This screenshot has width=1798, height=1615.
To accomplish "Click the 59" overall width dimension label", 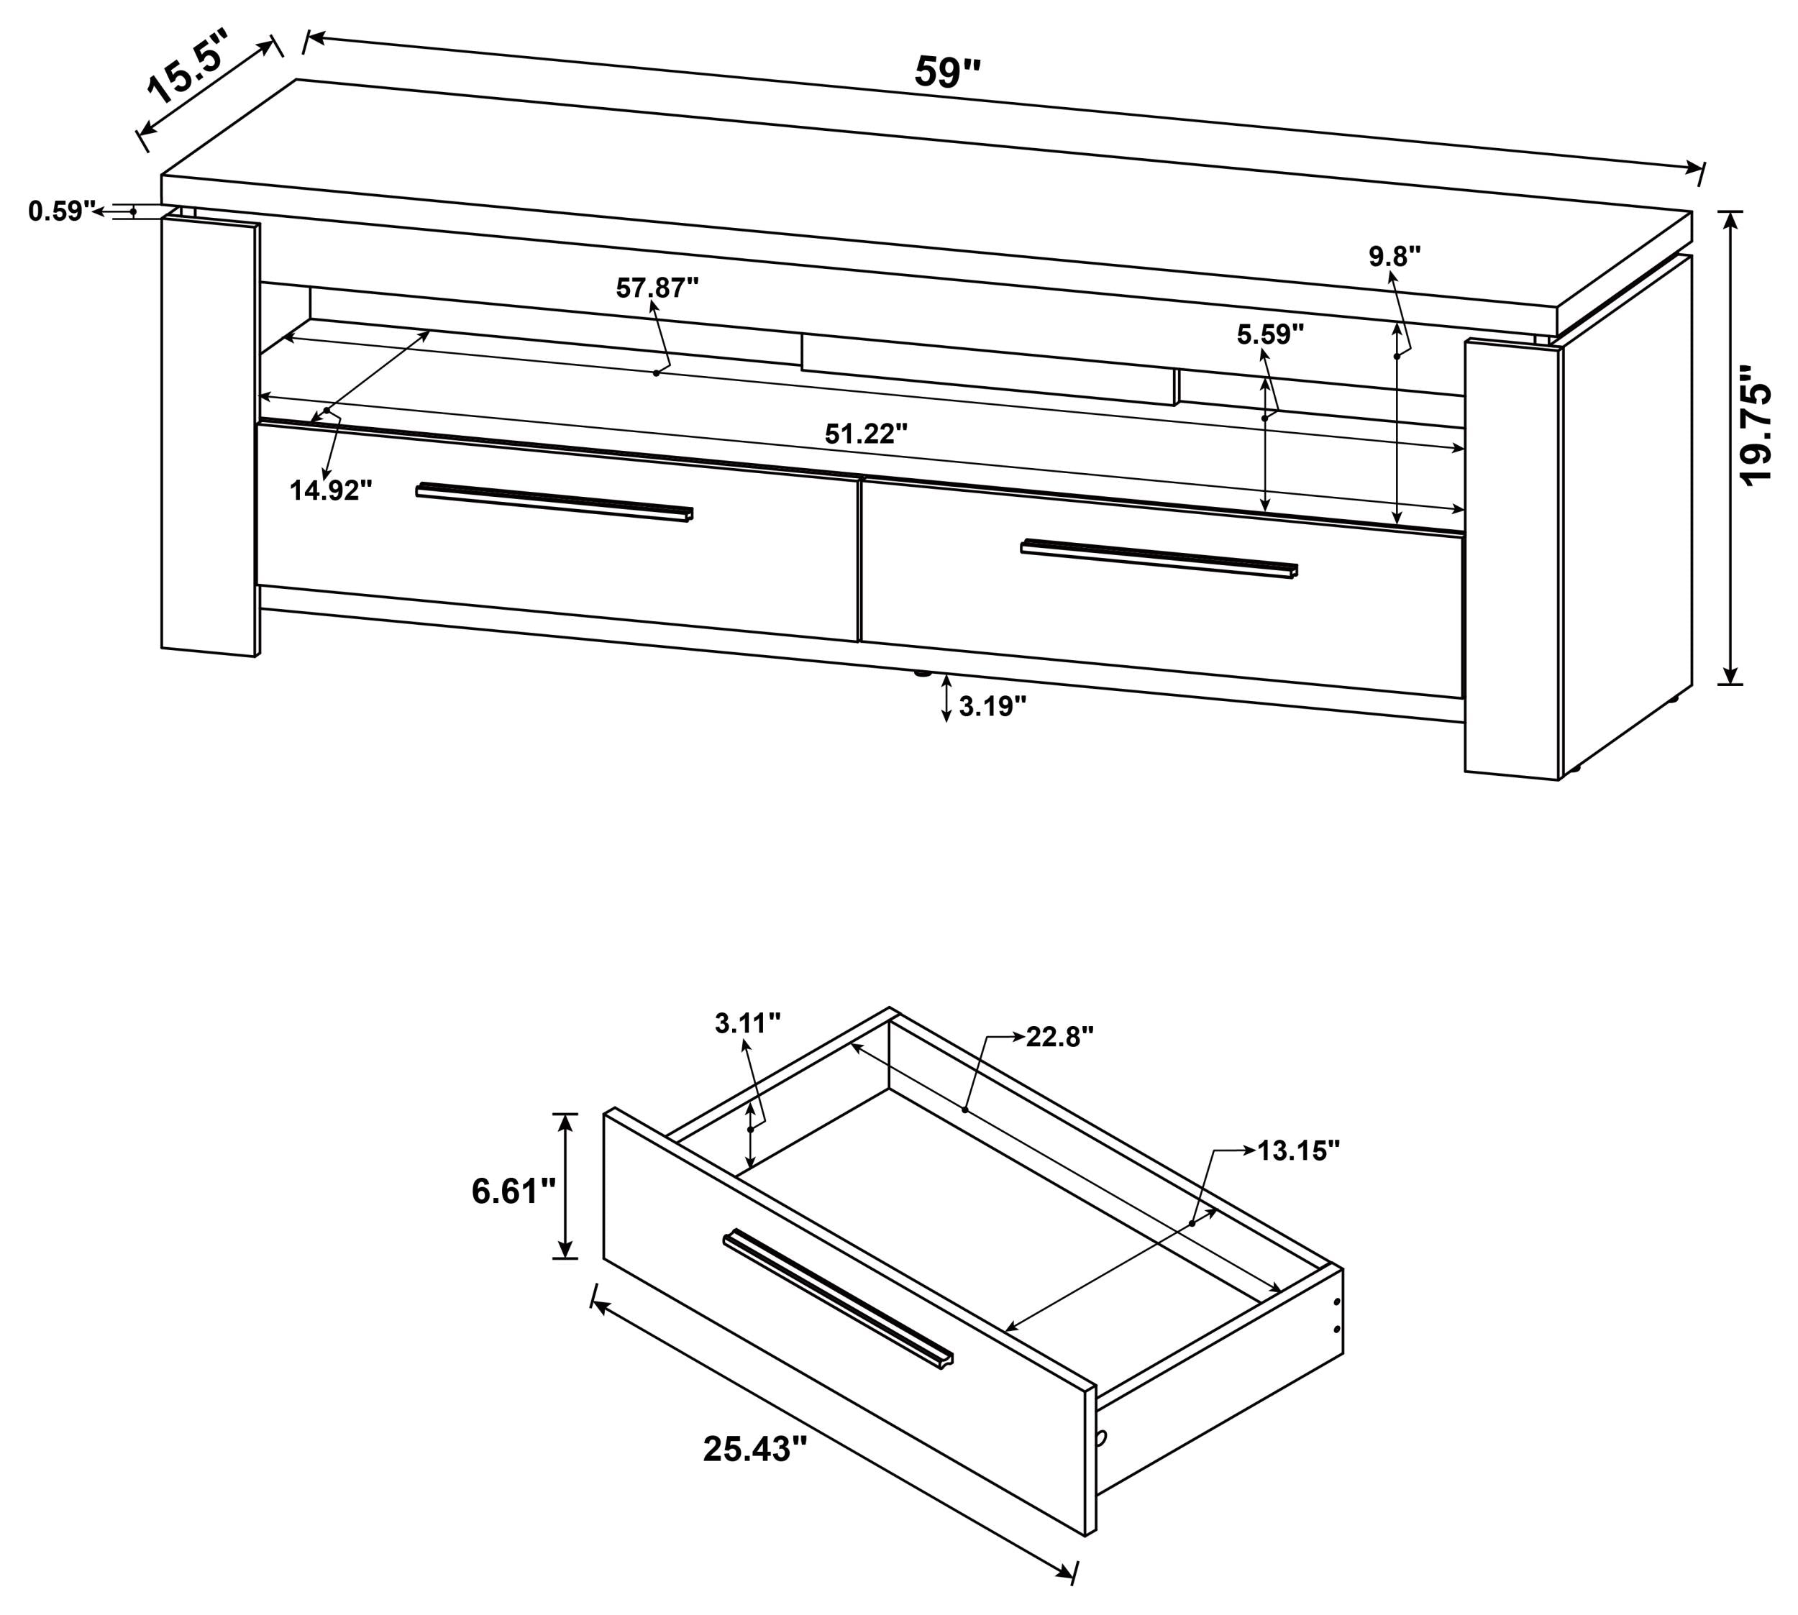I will (x=947, y=73).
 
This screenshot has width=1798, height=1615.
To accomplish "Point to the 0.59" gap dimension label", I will (x=60, y=211).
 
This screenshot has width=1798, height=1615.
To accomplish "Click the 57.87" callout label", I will (x=657, y=288).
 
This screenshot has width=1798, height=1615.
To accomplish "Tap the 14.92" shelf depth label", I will (x=330, y=490).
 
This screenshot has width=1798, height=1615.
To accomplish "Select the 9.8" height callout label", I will (x=1395, y=257).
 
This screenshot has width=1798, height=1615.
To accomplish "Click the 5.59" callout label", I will (x=1270, y=334).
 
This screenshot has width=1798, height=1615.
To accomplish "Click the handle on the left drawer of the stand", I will (x=554, y=502).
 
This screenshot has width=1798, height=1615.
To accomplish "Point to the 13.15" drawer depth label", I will (x=1297, y=1151).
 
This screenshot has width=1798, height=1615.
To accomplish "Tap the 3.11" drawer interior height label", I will (x=747, y=1023).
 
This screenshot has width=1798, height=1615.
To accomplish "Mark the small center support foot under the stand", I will (x=923, y=672).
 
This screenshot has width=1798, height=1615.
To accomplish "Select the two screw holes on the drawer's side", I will (x=1336, y=1315).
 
